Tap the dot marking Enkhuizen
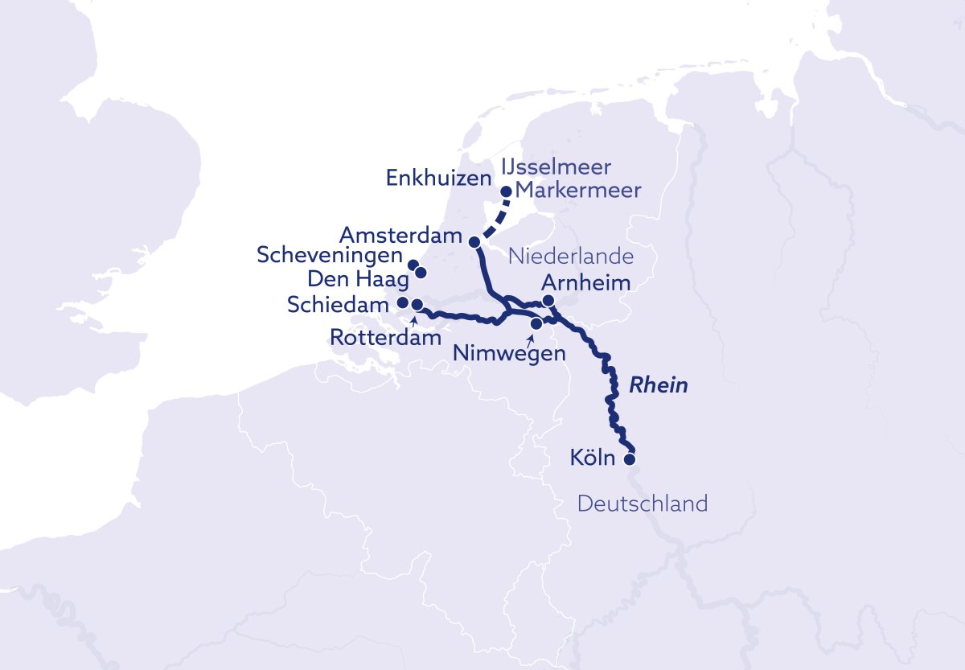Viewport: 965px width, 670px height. [507, 191]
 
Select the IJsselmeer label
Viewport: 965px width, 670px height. [556, 167]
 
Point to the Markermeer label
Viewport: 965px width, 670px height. [577, 191]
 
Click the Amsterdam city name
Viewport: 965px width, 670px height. [400, 236]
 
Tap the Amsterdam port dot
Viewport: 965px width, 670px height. [474, 241]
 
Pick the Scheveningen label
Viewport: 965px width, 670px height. [329, 256]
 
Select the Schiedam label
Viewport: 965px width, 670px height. [338, 305]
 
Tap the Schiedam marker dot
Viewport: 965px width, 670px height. [404, 303]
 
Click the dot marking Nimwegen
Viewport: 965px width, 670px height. [536, 323]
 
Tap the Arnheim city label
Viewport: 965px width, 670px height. [585, 282]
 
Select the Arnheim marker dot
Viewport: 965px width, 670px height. [548, 300]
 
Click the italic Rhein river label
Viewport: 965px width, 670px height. [658, 385]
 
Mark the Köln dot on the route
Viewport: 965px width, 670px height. [630, 460]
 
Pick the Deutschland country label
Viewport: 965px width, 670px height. [643, 504]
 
